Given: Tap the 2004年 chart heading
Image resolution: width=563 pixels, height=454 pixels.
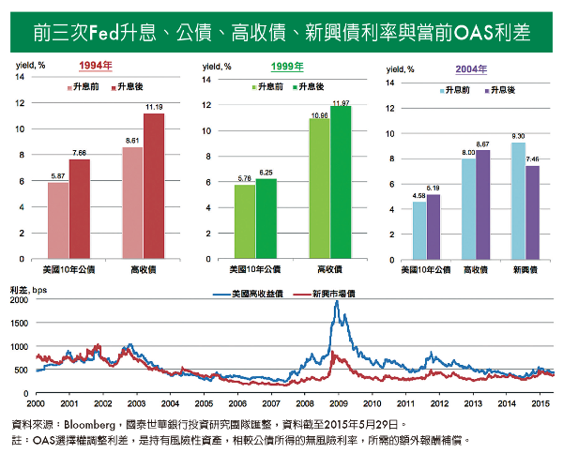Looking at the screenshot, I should point(471,68).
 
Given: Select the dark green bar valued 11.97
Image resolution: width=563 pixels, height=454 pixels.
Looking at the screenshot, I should point(341,182).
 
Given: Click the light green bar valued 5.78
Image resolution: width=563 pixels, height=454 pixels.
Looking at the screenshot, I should point(244,221).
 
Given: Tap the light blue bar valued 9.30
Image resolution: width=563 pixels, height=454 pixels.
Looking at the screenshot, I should point(517,200).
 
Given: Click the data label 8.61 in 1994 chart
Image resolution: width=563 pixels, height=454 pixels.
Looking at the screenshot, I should point(132,140).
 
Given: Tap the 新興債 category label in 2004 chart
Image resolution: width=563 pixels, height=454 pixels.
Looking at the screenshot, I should point(525,269).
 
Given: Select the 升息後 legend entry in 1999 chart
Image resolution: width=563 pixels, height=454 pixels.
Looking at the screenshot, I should point(311,86).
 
